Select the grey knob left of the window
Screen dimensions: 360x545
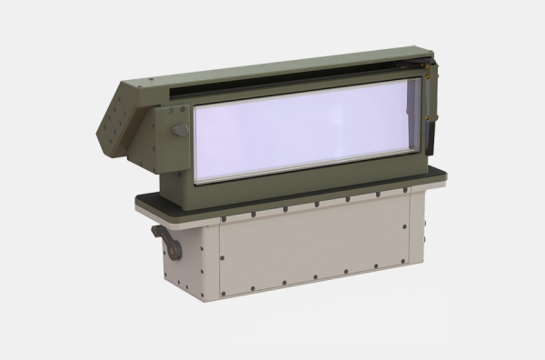pos(181,130)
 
